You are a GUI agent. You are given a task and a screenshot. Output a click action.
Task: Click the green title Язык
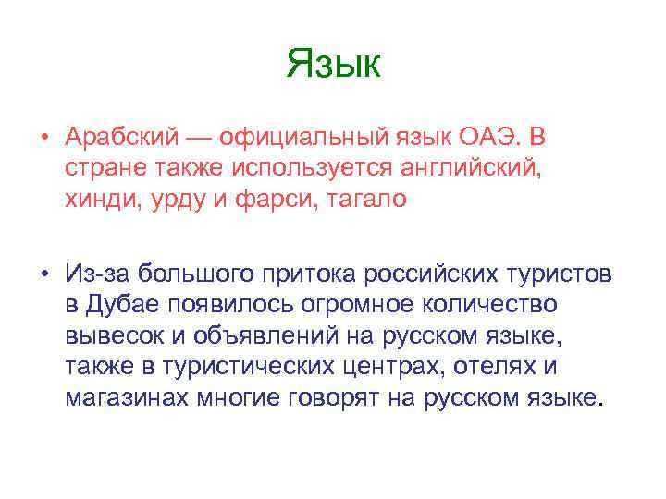point(333,64)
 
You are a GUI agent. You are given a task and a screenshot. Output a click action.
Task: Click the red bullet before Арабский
point(43,139)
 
